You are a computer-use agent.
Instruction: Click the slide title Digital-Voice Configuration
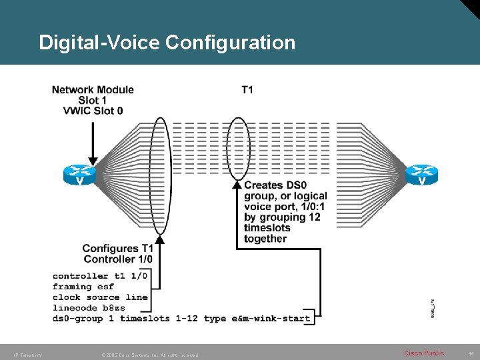(x=167, y=43)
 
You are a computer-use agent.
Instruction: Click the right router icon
(x=421, y=175)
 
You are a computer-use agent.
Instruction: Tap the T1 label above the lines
(x=247, y=89)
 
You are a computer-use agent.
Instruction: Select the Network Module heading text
(x=93, y=89)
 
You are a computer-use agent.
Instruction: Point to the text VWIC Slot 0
(x=93, y=111)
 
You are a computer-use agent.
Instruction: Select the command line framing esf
(x=83, y=287)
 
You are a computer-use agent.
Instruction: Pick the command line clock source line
(x=100, y=297)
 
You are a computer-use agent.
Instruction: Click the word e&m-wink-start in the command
(x=271, y=319)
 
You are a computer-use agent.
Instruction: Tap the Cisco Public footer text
(x=424, y=353)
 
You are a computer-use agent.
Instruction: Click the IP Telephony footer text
(x=27, y=355)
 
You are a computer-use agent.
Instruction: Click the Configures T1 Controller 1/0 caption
(x=117, y=253)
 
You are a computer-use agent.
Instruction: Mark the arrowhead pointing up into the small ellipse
(x=237, y=185)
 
